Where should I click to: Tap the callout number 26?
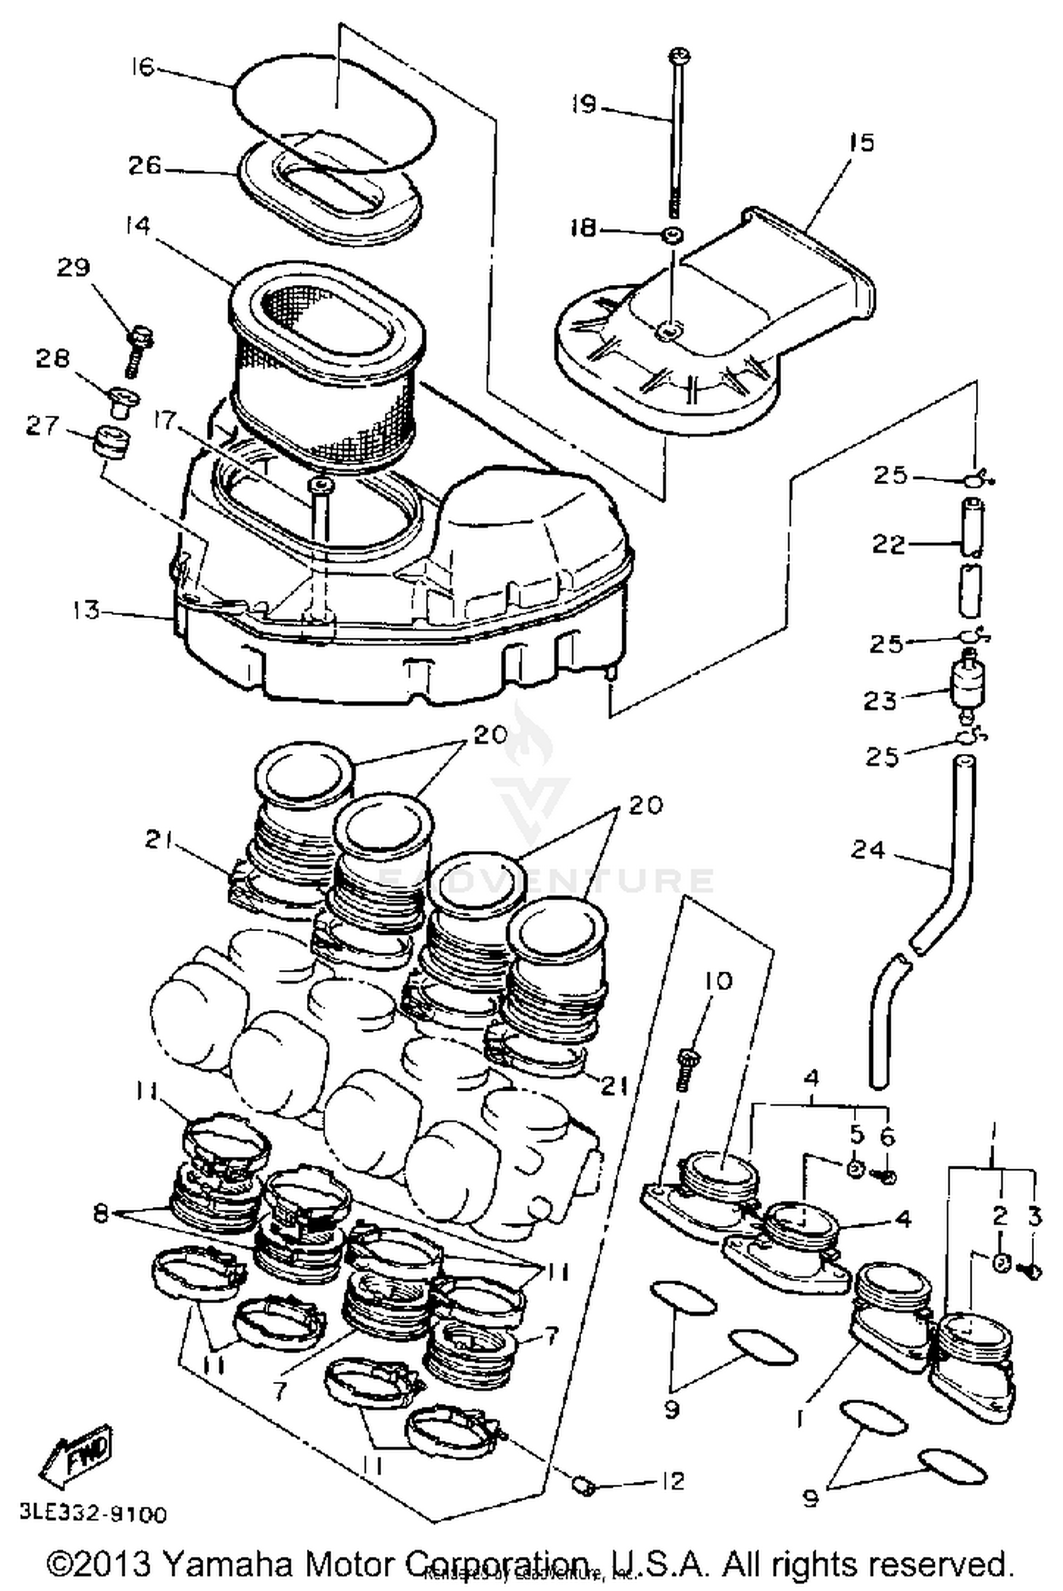(x=144, y=166)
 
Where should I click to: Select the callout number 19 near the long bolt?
(x=585, y=105)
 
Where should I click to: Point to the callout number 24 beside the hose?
(x=868, y=848)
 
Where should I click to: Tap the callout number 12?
(x=671, y=1480)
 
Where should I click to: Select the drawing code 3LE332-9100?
(x=93, y=1514)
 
